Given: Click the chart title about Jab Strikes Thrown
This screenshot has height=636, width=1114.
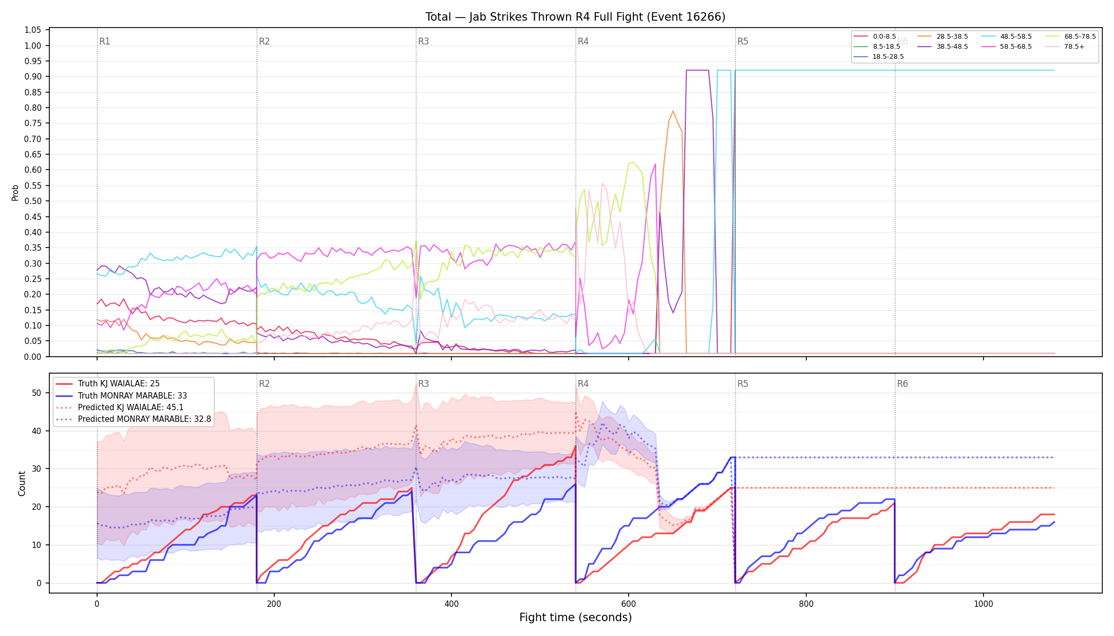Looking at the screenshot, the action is click(x=575, y=17).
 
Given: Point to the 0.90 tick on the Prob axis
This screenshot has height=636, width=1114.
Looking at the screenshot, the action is click(x=33, y=76).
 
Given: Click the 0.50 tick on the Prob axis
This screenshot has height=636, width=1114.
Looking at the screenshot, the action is click(x=33, y=201).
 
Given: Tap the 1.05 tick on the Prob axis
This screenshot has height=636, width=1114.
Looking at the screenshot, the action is click(x=33, y=30).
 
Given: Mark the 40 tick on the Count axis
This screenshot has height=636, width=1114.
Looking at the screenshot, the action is click(x=37, y=431).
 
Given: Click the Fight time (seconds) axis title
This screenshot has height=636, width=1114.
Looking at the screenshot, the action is click(x=576, y=617).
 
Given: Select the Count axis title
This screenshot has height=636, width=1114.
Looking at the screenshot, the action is click(x=22, y=483).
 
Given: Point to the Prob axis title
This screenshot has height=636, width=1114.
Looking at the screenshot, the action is click(x=15, y=192).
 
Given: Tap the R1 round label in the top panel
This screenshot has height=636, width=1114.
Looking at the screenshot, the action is click(x=105, y=41).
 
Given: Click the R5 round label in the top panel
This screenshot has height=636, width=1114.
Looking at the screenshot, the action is click(x=743, y=41).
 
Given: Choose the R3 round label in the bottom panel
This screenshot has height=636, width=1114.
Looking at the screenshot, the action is click(x=423, y=384).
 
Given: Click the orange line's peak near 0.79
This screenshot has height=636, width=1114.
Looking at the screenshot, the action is click(x=673, y=111).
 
